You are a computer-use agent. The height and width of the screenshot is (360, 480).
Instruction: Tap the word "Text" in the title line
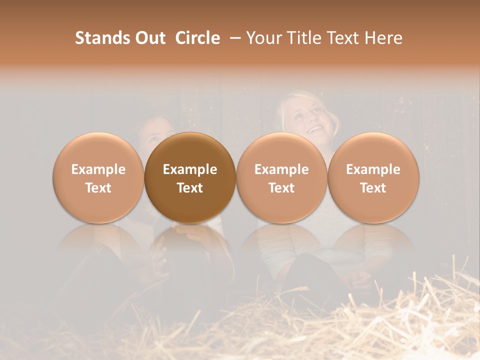click(345, 38)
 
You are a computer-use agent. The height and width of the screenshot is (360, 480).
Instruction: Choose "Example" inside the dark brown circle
click(190, 169)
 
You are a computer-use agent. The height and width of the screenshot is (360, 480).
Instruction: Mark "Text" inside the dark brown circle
click(190, 188)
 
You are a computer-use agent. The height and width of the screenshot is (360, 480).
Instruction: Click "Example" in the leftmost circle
click(98, 169)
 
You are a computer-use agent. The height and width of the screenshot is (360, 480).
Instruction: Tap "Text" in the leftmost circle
click(98, 188)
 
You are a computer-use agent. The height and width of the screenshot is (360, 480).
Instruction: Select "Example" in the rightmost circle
click(373, 169)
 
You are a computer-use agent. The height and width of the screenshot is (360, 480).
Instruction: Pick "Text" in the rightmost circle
click(373, 188)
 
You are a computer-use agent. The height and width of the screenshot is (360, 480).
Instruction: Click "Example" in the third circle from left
click(281, 169)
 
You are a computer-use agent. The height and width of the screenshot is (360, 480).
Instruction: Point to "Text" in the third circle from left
click(281, 188)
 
